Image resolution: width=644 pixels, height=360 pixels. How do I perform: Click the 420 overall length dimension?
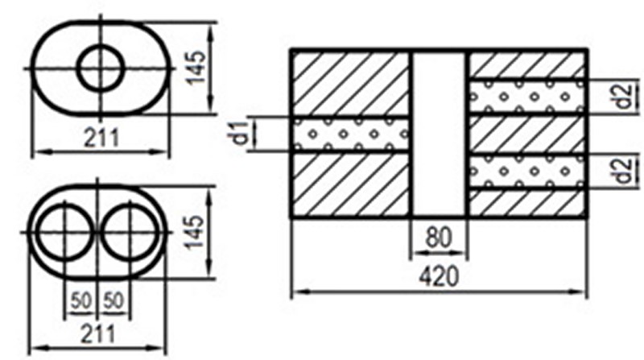[x=438, y=276]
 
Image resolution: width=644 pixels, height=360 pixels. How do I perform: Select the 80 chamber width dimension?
[x=438, y=238]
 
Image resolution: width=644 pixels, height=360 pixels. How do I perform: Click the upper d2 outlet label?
[x=621, y=96]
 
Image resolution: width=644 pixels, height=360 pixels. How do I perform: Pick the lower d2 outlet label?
[x=621, y=171]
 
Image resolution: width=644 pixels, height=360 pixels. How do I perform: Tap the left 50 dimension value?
[x=80, y=300]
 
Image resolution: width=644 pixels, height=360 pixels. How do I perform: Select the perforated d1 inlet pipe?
[x=351, y=134]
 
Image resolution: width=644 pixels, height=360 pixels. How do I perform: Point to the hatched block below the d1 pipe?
[x=351, y=184]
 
